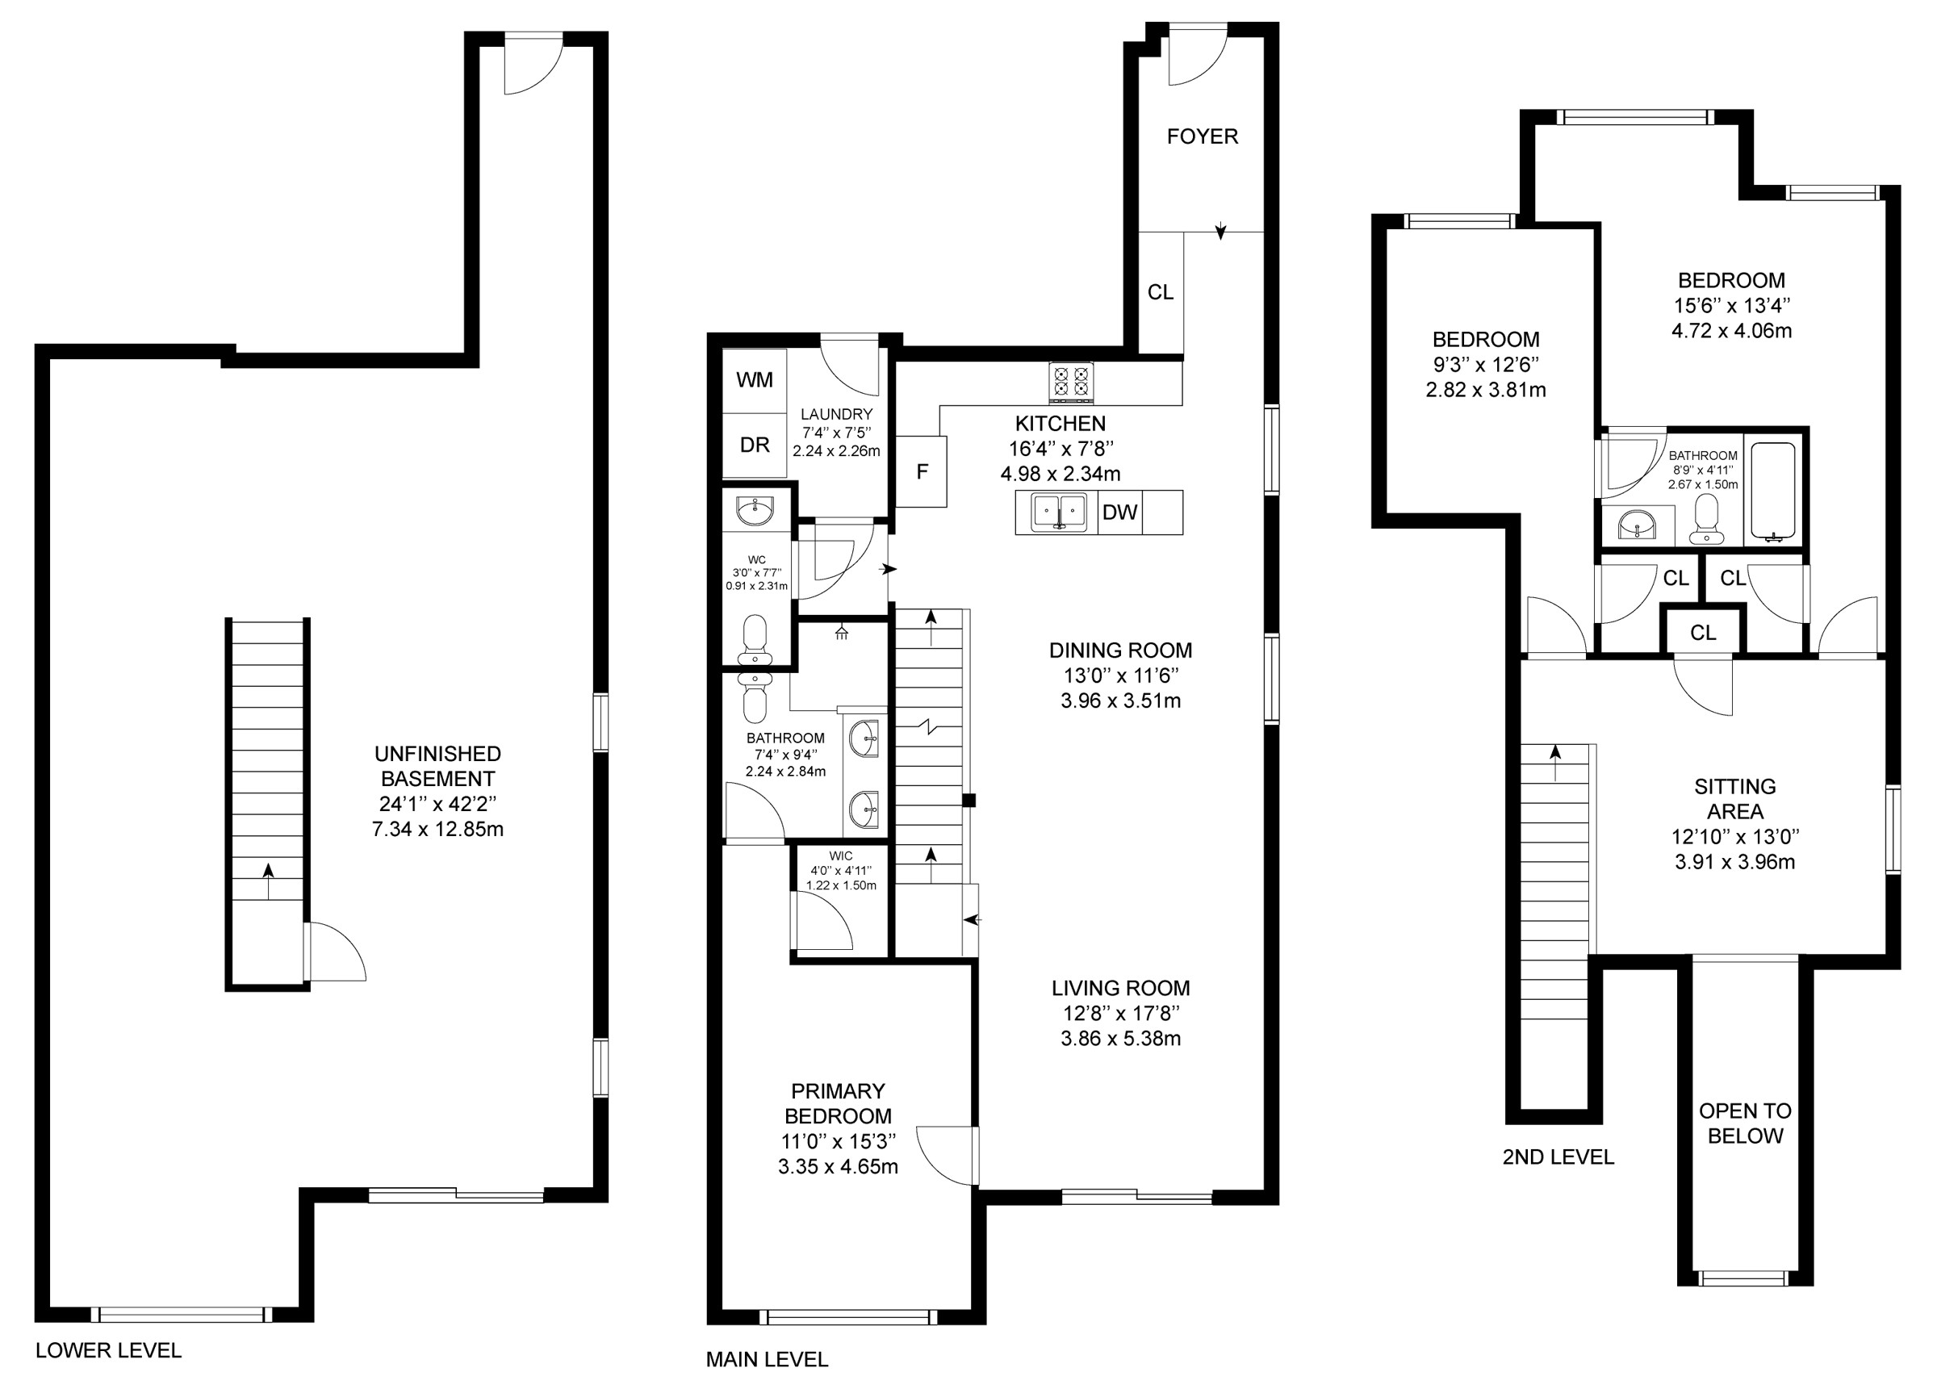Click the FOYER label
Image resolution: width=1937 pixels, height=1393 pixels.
pos(1202,136)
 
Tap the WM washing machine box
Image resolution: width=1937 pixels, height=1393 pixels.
pos(755,380)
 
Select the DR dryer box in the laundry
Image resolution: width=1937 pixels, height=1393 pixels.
pos(755,445)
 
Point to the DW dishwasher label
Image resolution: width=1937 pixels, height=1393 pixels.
pos(1119,512)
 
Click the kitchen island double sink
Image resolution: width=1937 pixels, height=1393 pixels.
pos(1059,512)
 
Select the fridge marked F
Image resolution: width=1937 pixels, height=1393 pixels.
pos(922,471)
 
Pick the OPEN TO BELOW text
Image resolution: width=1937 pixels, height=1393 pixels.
pos(1745,1123)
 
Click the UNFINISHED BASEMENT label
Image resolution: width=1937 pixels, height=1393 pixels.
pos(437,766)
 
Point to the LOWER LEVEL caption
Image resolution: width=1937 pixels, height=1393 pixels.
pos(108,1350)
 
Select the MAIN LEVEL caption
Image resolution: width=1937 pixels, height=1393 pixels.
pos(766,1359)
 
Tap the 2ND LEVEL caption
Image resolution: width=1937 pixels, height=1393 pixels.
pos(1558,1157)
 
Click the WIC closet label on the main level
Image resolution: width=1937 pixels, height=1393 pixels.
pos(840,855)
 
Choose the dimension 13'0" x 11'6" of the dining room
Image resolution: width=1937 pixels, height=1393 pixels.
pos(1120,676)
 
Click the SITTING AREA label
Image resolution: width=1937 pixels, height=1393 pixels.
pos(1734,798)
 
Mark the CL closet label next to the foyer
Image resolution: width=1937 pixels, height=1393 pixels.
pos(1160,292)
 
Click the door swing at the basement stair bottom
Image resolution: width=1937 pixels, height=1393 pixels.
pos(338,952)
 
